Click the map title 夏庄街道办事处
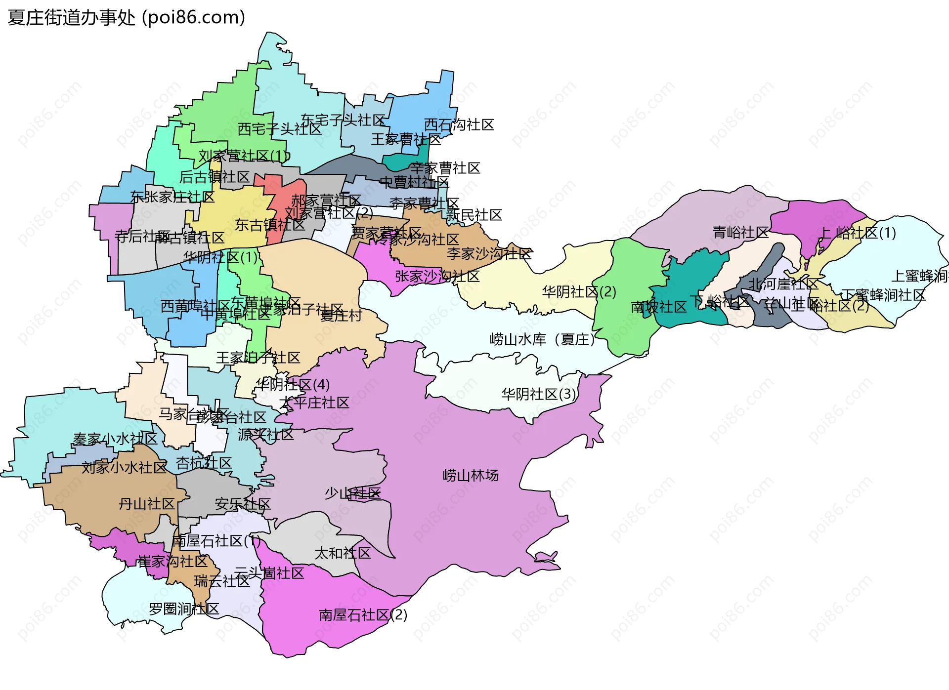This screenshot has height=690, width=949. click(x=72, y=18)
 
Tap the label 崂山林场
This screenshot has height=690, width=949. click(x=471, y=476)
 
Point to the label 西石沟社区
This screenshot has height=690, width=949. click(x=459, y=125)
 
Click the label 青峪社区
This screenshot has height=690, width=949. click(x=740, y=233)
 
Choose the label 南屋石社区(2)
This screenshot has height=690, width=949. click(x=363, y=615)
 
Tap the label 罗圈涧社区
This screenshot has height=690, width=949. click(x=184, y=609)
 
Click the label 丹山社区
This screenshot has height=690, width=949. click(x=147, y=504)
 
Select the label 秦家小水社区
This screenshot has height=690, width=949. click(x=115, y=439)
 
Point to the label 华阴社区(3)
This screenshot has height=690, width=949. click(x=539, y=394)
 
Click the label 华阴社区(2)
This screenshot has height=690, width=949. click(x=579, y=292)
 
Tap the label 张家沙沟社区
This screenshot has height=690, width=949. click(x=437, y=277)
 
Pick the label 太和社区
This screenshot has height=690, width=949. click(x=343, y=553)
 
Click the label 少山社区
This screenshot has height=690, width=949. click(x=352, y=493)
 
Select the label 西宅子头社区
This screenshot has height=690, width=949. click(x=279, y=129)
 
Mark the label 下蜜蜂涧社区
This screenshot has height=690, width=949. click(x=883, y=295)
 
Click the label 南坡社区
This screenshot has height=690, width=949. click(x=659, y=307)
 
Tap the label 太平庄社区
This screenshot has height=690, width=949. click(x=314, y=403)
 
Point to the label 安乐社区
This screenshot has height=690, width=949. click(x=243, y=504)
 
